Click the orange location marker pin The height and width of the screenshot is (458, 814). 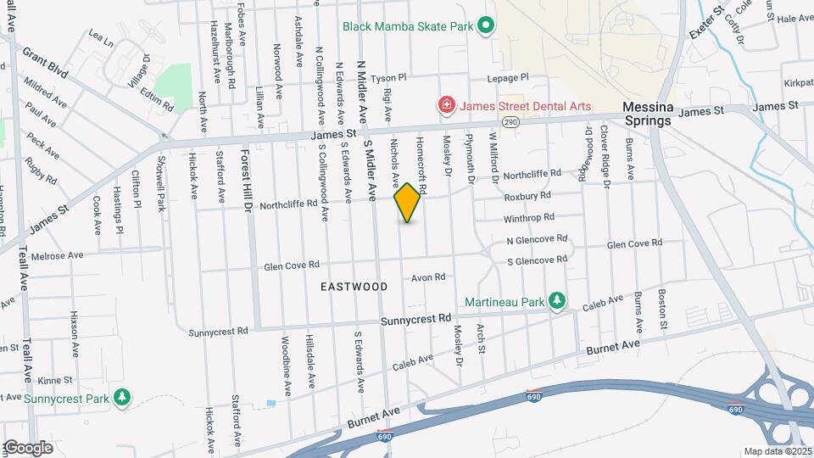pyautogui.click(x=407, y=203)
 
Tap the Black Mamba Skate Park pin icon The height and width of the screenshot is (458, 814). pyautogui.click(x=485, y=26)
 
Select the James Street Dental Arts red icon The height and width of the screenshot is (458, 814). pyautogui.click(x=445, y=105)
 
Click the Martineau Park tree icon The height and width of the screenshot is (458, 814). pyautogui.click(x=557, y=301)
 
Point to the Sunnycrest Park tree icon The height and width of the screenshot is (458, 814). pyautogui.click(x=123, y=398)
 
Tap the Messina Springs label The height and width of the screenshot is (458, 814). pyautogui.click(x=649, y=114)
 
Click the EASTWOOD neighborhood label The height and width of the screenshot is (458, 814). pyautogui.click(x=354, y=287)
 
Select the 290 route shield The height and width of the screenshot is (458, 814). pyautogui.click(x=510, y=122)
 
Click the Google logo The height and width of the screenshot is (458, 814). pyautogui.click(x=27, y=448)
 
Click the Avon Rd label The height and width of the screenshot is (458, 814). pyautogui.click(x=428, y=277)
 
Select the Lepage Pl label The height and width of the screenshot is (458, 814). pyautogui.click(x=507, y=77)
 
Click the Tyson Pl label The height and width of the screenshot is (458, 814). pyautogui.click(x=389, y=77)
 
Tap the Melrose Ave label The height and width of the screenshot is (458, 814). pyautogui.click(x=57, y=254)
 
